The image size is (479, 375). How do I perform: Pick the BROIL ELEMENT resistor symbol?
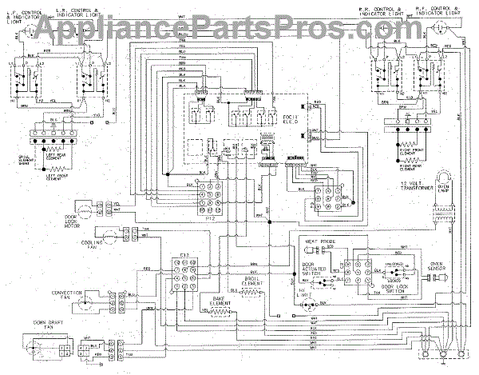pyautogui.click(x=254, y=287)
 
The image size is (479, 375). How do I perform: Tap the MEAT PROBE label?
pyautogui.click(x=316, y=239)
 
